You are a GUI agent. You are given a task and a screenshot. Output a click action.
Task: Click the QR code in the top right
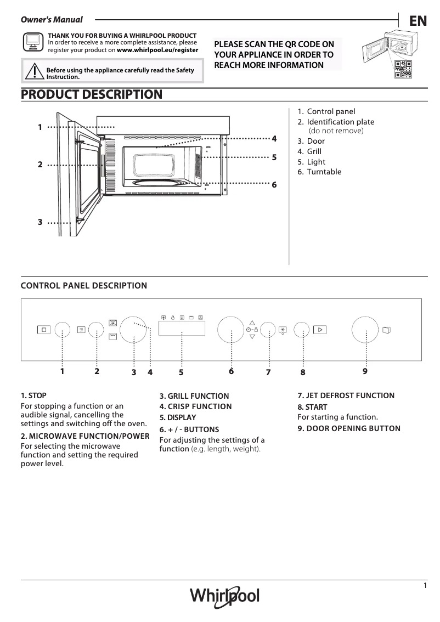click(402, 69)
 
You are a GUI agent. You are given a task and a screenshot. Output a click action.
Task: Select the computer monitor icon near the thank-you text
click(33, 42)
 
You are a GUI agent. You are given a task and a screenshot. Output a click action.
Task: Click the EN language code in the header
click(418, 21)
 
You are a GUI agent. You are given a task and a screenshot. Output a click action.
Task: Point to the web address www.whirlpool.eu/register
click(157, 49)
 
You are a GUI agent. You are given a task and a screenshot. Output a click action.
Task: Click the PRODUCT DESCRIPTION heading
click(92, 94)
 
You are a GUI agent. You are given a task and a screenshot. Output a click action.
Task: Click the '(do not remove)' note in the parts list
click(336, 131)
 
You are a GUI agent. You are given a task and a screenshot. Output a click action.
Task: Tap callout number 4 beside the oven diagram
click(274, 139)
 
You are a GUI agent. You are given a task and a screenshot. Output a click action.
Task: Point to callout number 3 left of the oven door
click(40, 222)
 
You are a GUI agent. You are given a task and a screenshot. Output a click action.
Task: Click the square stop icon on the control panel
click(44, 330)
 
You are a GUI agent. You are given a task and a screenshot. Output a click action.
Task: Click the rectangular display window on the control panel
click(182, 329)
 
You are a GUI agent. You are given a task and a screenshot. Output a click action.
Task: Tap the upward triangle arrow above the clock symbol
click(252, 323)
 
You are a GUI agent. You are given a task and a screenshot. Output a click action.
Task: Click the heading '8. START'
click(312, 407)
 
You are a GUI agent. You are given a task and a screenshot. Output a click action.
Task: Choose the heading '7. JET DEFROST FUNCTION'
click(346, 395)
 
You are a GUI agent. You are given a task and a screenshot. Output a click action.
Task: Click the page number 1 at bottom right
click(425, 585)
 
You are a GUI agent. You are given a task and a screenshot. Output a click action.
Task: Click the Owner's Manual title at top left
click(52, 20)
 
